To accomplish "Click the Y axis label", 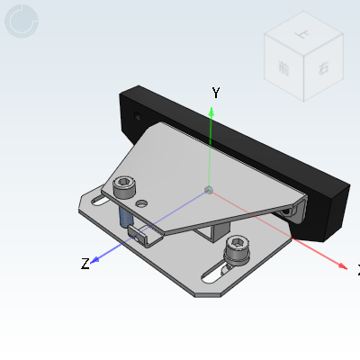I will click(x=216, y=93).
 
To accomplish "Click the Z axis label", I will click(x=85, y=264).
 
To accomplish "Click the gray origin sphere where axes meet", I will click(x=209, y=190).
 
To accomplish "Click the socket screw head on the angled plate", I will click(x=124, y=186).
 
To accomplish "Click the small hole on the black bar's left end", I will click(x=136, y=117).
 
